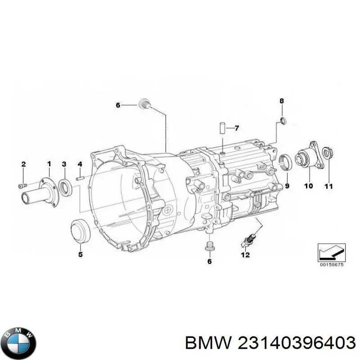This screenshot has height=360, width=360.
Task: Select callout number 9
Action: coord(287,185)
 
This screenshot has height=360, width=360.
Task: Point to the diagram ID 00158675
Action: coord(332,265)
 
